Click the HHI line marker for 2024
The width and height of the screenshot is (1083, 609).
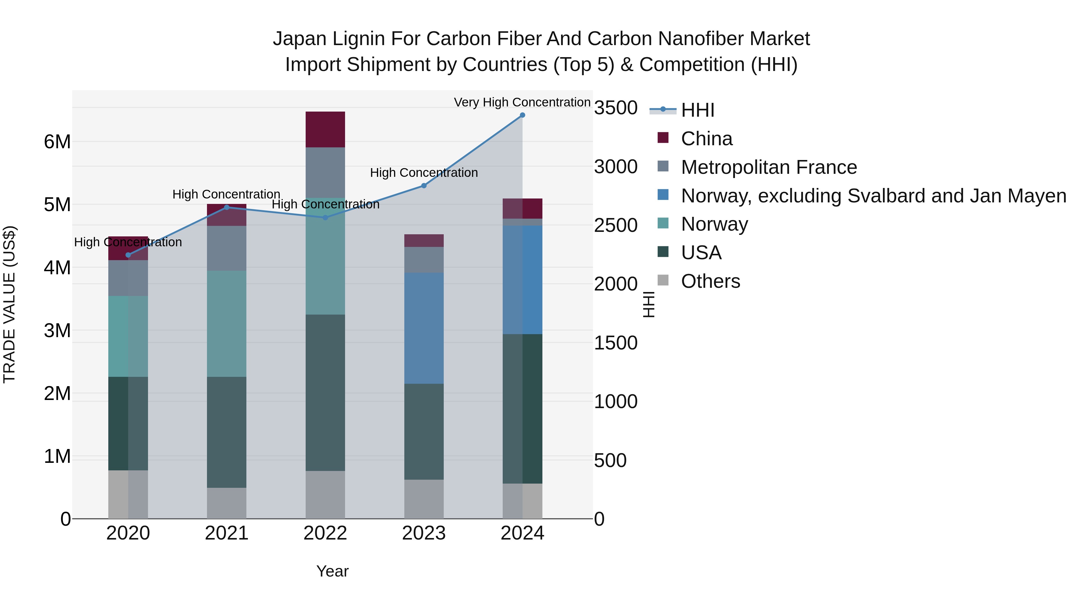[522, 115]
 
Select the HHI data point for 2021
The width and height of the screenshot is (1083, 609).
[227, 207]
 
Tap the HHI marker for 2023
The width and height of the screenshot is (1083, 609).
[424, 186]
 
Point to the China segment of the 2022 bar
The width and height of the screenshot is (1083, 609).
[325, 129]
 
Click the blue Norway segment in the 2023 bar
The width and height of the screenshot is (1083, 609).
[424, 328]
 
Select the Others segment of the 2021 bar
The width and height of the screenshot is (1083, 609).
[227, 503]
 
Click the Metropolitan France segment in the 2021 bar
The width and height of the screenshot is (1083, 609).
[227, 248]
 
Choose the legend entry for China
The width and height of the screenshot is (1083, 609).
[706, 139]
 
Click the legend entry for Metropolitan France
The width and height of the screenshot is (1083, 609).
[769, 167]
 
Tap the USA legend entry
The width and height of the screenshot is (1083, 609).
[701, 253]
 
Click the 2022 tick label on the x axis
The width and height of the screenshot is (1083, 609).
[325, 533]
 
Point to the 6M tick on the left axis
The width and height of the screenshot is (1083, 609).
[57, 142]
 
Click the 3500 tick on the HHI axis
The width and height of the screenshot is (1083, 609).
[616, 108]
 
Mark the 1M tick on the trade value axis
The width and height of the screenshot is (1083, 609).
[57, 457]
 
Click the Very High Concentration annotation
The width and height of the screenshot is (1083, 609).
[522, 102]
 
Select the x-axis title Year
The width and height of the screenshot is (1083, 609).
[332, 571]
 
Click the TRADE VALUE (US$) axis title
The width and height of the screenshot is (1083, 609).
[9, 304]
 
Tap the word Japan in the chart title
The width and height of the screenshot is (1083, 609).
[299, 39]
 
